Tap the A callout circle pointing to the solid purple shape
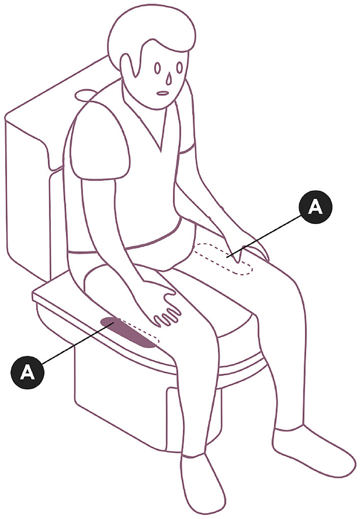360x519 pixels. pos(27,372)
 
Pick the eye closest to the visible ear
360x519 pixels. pos(158,69)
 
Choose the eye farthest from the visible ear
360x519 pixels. pos(179,68)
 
